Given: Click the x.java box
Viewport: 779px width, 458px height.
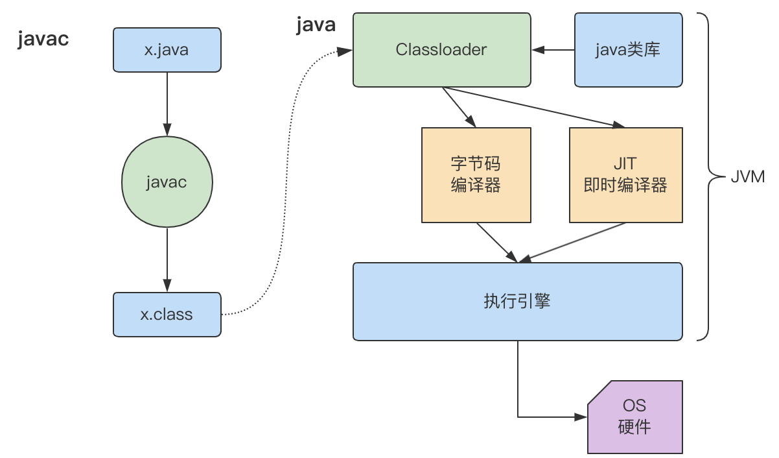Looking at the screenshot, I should pos(167,49).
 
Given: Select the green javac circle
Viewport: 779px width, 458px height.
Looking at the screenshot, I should pos(167,182).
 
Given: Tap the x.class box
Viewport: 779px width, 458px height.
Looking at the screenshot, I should pos(167,315).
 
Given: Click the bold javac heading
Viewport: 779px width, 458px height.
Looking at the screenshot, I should pos(43,39).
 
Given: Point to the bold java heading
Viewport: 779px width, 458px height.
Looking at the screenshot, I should pos(316,25).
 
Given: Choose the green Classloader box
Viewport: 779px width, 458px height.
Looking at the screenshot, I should pos(441,49).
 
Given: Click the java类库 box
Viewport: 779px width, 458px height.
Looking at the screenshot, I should pos(628,49).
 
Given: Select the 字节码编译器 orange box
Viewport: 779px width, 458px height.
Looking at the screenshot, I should pos(476,175).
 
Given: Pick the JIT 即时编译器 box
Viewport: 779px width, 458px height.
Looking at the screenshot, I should pos(625,175).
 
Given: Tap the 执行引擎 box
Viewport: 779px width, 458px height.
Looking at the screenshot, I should pos(517,301).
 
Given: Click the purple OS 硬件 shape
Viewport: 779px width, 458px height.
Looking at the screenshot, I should pos(634,416).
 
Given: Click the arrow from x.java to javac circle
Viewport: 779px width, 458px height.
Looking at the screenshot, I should pos(167,101).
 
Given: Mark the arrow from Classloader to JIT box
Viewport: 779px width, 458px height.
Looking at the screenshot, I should pos(538,108).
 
